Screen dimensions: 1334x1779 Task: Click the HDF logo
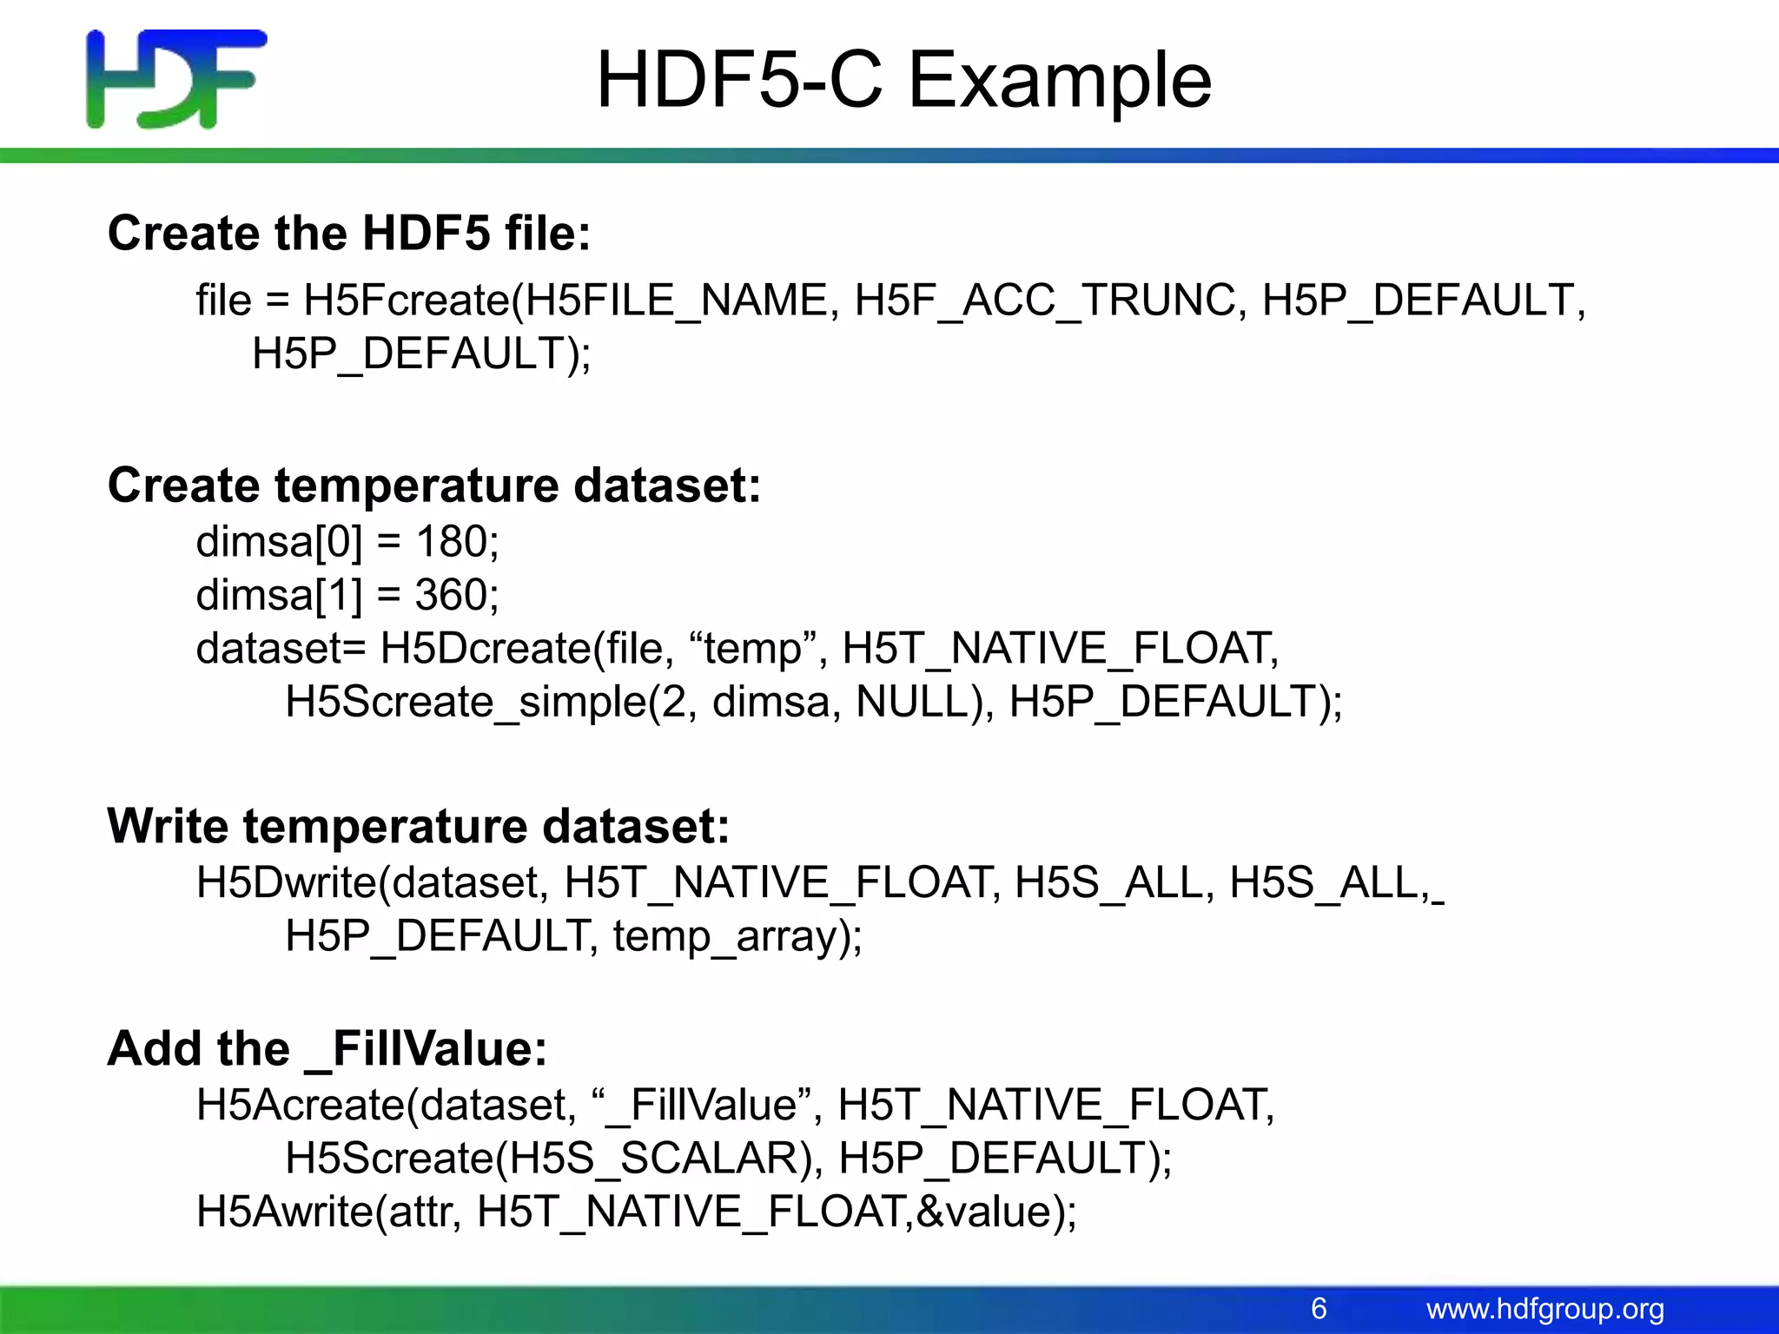176,79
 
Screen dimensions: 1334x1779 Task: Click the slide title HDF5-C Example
903,80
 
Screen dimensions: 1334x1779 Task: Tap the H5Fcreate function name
406,300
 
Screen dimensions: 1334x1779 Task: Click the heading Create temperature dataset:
434,485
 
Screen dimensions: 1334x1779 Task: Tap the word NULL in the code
911,702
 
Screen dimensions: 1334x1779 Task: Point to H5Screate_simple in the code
466,702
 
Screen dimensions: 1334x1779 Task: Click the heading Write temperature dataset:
419,825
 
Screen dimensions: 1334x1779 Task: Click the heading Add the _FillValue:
327,1048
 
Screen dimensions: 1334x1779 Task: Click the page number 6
1319,1308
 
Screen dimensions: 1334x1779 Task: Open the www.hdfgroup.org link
1545,1309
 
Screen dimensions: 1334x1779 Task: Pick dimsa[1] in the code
279,596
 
